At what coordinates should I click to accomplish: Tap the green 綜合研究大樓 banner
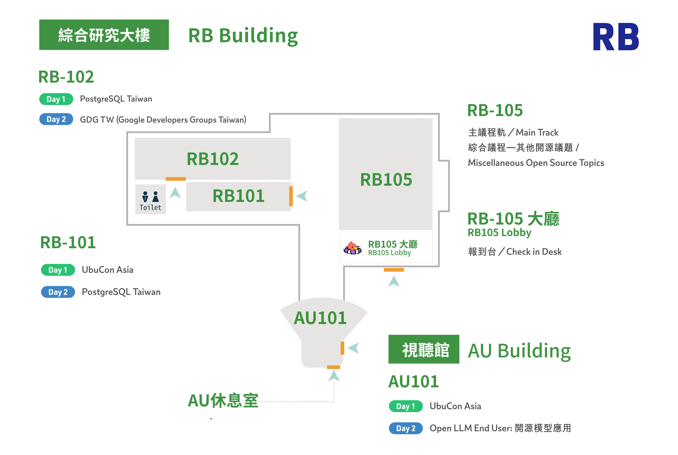coord(104,35)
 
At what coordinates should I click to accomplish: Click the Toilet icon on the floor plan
coord(150,199)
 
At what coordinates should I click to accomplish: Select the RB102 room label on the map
coord(213,159)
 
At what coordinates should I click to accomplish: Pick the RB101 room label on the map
coord(239,196)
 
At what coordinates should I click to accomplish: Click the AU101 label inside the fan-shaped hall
coord(320,318)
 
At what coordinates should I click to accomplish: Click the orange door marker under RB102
coord(176,179)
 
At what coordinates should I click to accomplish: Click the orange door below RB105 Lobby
coord(394,270)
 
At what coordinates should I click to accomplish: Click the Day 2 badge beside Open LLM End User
coord(406,428)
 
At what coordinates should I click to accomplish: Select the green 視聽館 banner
coord(424,349)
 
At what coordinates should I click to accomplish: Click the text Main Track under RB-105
coord(537,133)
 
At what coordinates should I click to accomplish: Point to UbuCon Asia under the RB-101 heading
coord(108,270)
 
